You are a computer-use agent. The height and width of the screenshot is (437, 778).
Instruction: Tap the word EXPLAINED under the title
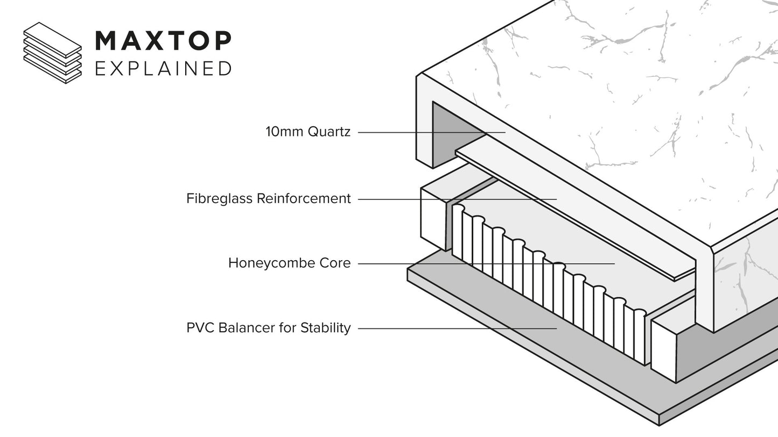tap(163, 69)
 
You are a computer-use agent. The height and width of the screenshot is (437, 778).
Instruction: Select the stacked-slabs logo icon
tap(52, 53)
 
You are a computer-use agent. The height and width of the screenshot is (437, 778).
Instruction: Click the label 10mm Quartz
tap(308, 132)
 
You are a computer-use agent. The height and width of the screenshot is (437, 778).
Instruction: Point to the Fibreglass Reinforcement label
tap(268, 199)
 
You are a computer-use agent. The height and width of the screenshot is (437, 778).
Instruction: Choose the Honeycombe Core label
tap(289, 263)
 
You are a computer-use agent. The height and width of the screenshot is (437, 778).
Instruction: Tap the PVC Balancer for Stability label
tap(268, 328)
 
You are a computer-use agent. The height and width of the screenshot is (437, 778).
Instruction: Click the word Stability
tap(325, 328)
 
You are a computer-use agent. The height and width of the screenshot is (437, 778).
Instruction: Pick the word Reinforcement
tap(303, 199)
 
